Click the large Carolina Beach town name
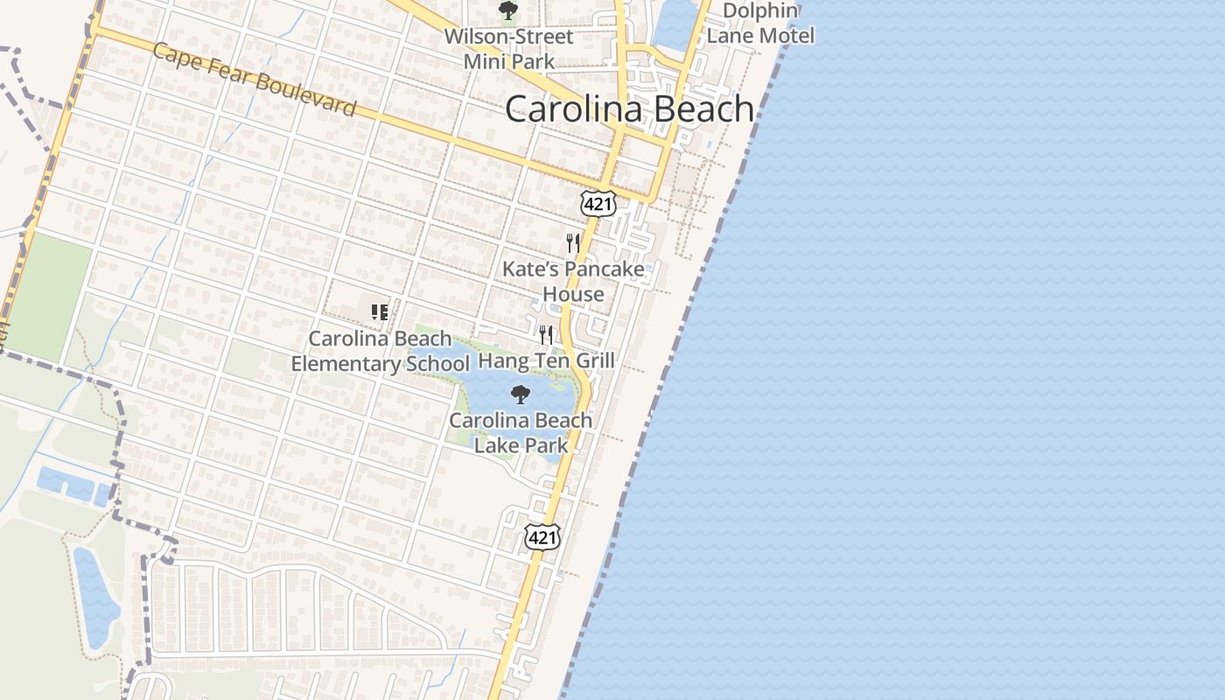629,109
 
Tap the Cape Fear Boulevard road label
255,80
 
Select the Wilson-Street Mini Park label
508,49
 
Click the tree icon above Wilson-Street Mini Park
507,10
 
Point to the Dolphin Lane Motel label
759,24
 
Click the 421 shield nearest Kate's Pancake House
598,204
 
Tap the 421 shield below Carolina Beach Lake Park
542,537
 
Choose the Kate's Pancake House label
573,281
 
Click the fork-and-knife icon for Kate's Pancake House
573,242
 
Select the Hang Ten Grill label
546,360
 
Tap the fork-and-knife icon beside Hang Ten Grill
546,335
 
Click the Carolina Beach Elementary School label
380,351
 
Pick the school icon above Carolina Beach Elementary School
380,312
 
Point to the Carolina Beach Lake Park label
521,432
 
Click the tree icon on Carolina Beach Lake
521,395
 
